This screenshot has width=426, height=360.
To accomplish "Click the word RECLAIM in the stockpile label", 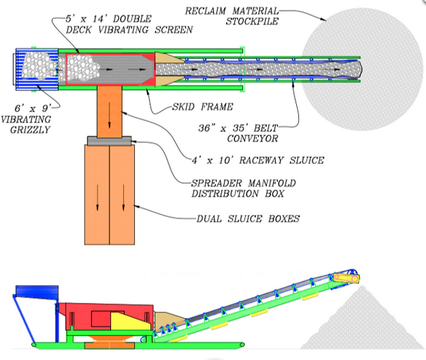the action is click(206, 11).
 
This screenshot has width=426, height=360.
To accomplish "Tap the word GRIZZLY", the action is click(30, 130).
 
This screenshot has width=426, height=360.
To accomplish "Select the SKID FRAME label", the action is click(203, 106).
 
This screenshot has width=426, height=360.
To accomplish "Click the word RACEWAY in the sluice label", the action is click(261, 160).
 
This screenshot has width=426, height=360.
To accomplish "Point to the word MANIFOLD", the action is click(272, 183).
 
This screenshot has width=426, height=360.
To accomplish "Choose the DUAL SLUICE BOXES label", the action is click(248, 219).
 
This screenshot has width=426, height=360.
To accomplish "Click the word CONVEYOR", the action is click(252, 138).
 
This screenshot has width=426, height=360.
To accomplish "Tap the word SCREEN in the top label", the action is click(174, 30).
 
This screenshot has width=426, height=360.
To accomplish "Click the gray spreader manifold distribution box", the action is click(109, 141).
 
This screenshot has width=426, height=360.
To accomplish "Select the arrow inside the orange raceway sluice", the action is click(109, 114).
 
